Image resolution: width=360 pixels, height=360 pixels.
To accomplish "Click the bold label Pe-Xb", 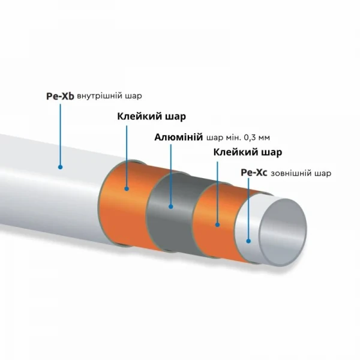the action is point(60,96).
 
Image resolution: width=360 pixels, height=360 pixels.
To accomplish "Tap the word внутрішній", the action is point(100,96).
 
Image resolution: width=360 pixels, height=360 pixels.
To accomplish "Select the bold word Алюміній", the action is point(179,137).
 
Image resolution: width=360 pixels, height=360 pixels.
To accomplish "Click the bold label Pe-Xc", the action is point(254,173).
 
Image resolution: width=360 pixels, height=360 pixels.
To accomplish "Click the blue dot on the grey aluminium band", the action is point(170,206).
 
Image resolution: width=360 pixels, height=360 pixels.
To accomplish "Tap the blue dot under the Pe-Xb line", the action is point(60,167).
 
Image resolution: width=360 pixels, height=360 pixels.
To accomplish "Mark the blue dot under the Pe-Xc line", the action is point(248,241).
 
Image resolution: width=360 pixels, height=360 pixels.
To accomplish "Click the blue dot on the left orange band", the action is point(127,189).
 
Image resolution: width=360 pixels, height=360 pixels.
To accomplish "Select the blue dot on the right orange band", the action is point(217,225).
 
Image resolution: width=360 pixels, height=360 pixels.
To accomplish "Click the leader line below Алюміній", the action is point(170,175).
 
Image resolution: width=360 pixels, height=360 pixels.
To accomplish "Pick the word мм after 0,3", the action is point(264,138).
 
